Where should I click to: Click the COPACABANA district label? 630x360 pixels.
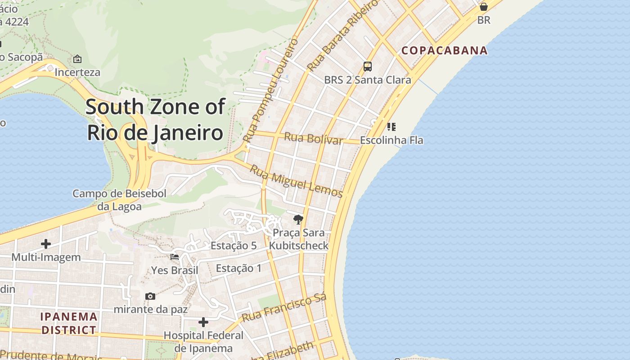click(445, 50)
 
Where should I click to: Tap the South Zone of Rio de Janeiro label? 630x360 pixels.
click(155, 120)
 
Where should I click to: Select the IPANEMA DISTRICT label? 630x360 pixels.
click(69, 323)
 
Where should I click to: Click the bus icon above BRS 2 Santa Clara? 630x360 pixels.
click(368, 67)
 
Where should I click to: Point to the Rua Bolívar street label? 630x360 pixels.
click(314, 138)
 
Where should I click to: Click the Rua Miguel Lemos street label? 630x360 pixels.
click(296, 181)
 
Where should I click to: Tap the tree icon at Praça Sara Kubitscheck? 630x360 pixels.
click(298, 220)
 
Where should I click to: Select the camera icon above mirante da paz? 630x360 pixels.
click(150, 296)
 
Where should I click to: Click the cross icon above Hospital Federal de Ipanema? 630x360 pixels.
click(203, 322)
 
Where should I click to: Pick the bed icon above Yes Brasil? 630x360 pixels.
click(175, 257)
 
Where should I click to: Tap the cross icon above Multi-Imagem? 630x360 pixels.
click(46, 244)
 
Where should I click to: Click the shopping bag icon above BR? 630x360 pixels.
click(484, 7)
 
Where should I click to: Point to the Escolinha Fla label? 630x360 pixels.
click(391, 140)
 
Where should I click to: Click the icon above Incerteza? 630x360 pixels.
click(77, 59)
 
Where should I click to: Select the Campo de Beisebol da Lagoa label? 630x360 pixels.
click(120, 200)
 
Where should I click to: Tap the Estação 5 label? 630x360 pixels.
click(234, 246)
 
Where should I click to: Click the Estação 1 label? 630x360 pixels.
click(238, 268)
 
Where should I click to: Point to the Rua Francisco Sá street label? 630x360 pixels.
click(284, 308)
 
